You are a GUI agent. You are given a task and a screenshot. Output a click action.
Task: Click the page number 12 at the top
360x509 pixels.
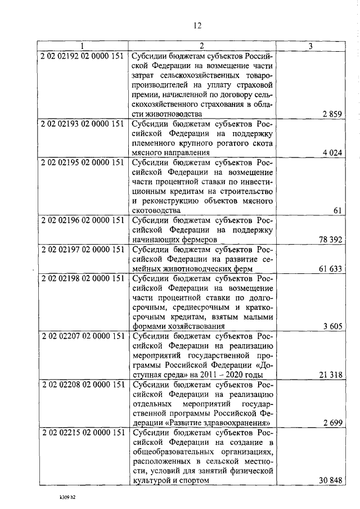[x=197, y=25]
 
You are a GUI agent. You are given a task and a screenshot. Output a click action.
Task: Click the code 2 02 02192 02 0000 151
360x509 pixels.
[x=83, y=56]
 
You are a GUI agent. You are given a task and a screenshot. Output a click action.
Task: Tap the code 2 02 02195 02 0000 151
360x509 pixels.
[x=83, y=162]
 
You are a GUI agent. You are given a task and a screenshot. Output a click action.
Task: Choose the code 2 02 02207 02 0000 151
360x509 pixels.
[x=83, y=336]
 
